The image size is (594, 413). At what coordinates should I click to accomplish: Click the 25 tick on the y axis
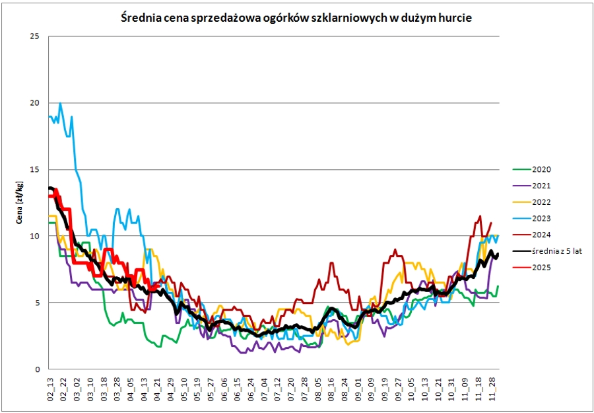point(36,36)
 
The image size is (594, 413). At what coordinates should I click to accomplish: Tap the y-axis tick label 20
point(36,103)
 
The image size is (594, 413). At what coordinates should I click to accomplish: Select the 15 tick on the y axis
point(36,170)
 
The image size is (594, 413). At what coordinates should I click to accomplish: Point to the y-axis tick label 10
point(36,236)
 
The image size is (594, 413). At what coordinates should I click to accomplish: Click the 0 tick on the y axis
point(38,369)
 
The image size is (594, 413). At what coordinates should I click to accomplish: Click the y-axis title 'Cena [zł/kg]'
point(20,202)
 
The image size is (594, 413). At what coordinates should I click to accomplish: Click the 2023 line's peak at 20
point(60,103)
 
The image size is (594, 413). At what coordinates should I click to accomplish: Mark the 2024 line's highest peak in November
point(480,216)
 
